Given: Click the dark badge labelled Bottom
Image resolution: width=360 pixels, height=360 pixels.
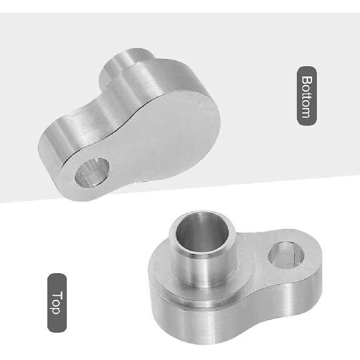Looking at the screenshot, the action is point(307,96).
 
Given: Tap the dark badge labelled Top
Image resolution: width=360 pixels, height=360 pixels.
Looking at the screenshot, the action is point(57,302).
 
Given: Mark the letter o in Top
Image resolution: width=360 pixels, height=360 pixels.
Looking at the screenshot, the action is point(56,303).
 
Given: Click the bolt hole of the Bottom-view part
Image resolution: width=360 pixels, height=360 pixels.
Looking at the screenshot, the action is point(92,172).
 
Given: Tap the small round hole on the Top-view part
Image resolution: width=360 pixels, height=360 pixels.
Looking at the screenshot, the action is point(286,256).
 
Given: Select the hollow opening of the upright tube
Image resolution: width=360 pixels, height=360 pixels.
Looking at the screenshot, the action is point(202,233).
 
